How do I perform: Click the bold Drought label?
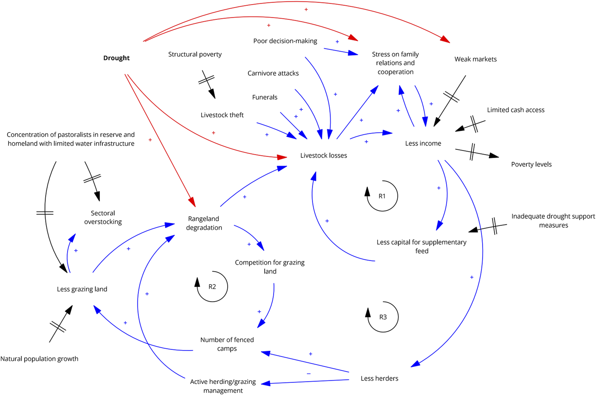(x=116, y=58)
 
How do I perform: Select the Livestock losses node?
(x=324, y=155)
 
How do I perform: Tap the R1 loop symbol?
(x=382, y=196)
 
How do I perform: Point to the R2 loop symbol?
(x=212, y=287)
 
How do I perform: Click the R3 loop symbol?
(x=383, y=317)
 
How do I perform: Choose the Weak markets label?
(x=475, y=59)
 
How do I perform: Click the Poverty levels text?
(x=531, y=164)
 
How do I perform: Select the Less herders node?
(x=379, y=379)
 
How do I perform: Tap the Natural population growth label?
(x=39, y=359)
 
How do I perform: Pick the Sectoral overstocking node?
(x=103, y=218)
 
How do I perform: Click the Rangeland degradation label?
(x=204, y=223)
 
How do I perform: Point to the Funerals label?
(x=265, y=97)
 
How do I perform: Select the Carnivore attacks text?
(x=273, y=73)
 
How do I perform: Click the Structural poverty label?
(x=195, y=54)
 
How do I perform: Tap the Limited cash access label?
(x=516, y=110)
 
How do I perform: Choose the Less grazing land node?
(x=82, y=289)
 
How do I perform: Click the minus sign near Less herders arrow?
(x=309, y=374)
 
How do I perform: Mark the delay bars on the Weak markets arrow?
(x=451, y=97)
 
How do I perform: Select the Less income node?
(x=423, y=144)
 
